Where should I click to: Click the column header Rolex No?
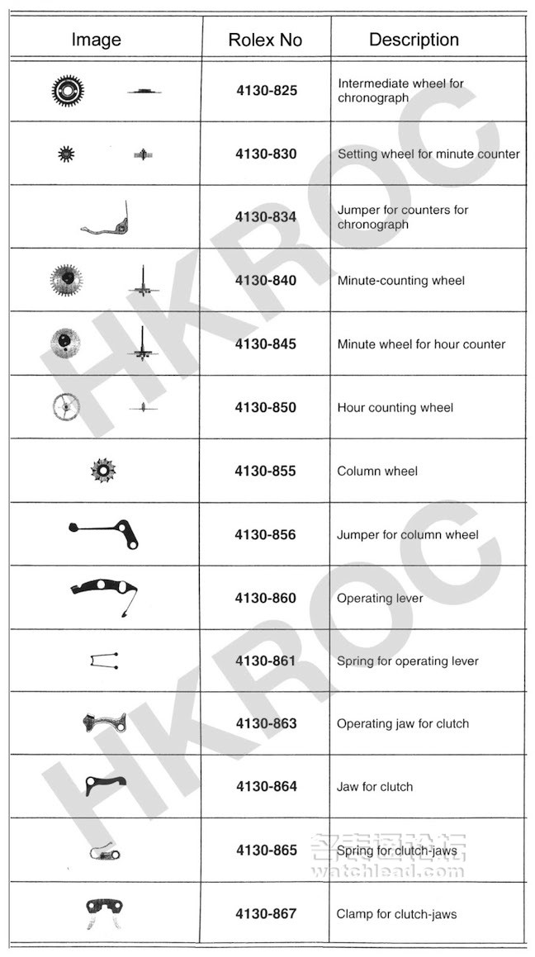[x=265, y=40]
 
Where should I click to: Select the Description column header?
[x=414, y=40]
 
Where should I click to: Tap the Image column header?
[x=96, y=40]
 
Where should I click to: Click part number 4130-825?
[x=266, y=90]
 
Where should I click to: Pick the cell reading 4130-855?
[x=265, y=471]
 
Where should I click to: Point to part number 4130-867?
[x=266, y=914]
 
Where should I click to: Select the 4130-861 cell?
[x=265, y=661]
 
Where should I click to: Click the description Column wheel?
[x=377, y=471]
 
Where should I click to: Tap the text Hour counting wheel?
[x=395, y=407]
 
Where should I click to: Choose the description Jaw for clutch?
[x=375, y=786]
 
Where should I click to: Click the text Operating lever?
[x=380, y=598]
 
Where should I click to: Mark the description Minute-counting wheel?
[x=400, y=281]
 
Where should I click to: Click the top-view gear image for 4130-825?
[x=68, y=90]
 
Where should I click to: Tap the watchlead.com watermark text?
[x=388, y=870]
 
